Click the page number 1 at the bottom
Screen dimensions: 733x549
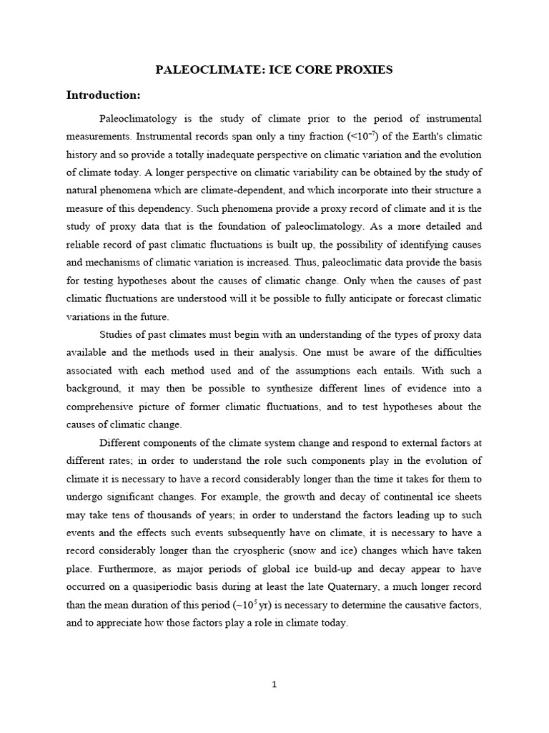point(274,684)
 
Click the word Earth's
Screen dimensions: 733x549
point(410,136)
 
